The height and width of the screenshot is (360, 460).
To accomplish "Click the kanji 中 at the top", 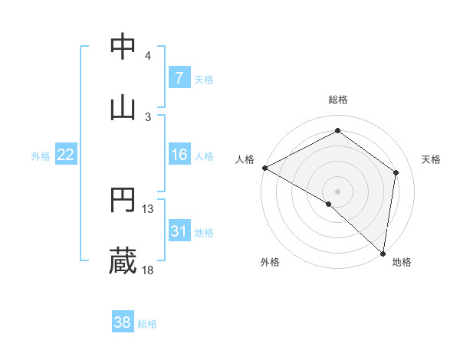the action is click(123, 47).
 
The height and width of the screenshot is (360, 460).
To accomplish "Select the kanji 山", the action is click(123, 106).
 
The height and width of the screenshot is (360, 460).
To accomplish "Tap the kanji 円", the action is click(123, 200).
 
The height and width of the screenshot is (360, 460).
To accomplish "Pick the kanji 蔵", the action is click(123, 261).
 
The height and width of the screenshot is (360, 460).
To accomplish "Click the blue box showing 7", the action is click(179, 77).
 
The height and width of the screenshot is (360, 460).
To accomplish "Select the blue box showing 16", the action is click(179, 155).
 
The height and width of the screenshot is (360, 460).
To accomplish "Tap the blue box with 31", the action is click(179, 231).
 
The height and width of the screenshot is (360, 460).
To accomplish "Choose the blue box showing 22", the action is click(66, 155).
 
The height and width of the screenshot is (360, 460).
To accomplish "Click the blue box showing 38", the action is click(123, 322).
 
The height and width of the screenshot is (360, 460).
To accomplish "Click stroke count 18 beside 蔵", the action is click(148, 270).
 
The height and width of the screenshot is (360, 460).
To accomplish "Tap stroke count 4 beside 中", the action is click(148, 55).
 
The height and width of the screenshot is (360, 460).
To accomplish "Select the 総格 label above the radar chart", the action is click(338, 100).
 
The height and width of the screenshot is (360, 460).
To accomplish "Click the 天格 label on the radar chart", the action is click(431, 159).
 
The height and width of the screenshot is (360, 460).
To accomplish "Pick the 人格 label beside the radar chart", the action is click(245, 159).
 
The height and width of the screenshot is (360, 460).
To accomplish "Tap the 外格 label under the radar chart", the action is click(270, 262).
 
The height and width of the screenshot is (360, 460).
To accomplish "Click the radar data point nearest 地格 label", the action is click(383, 253).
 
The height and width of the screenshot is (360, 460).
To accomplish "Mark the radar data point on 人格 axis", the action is click(264, 168).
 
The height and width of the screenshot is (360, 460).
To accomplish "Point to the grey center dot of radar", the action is click(338, 191).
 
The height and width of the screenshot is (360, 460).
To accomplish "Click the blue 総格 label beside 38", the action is click(147, 324).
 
